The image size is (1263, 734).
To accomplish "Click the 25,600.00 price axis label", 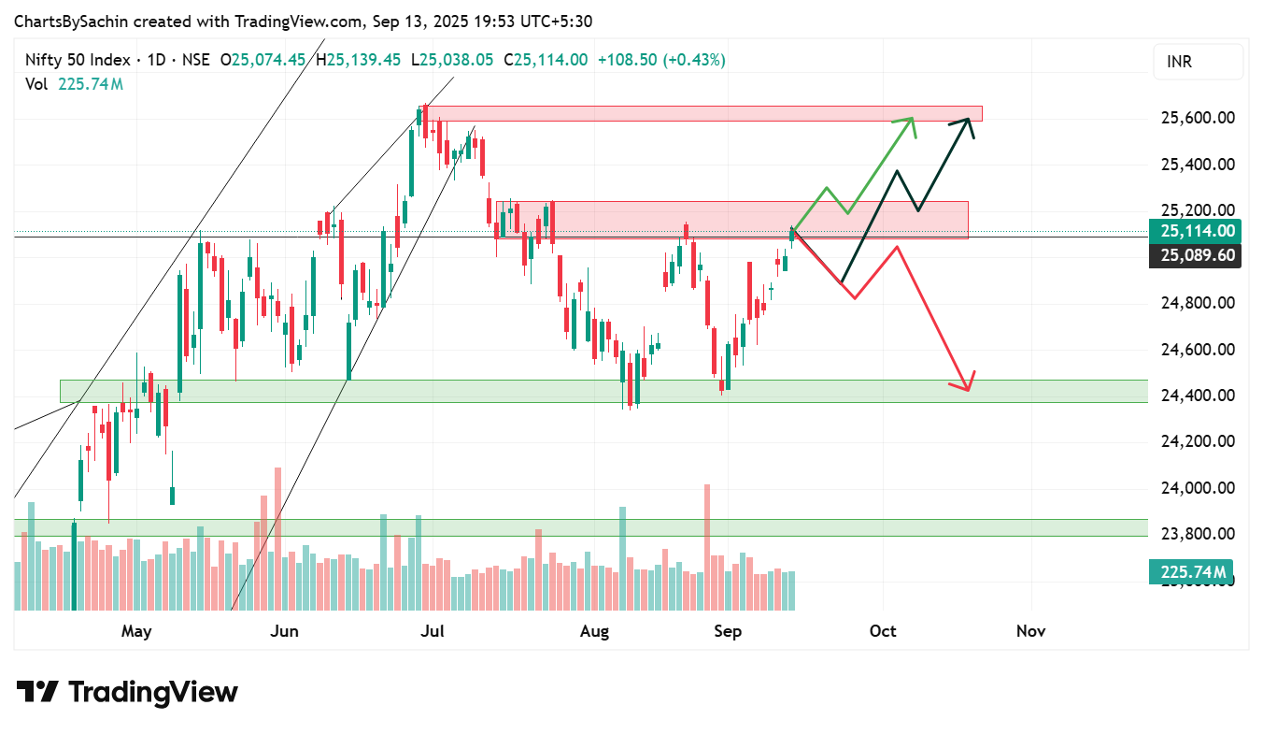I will click(x=1197, y=118).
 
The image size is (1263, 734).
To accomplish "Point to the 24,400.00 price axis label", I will click(x=1197, y=396).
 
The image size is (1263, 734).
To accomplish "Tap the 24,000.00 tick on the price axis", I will click(x=1197, y=488).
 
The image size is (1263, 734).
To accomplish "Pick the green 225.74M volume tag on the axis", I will click(x=1190, y=571).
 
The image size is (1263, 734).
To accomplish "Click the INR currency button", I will click(x=1199, y=63).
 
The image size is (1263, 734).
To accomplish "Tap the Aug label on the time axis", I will click(x=594, y=631).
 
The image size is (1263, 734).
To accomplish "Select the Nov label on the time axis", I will click(x=1030, y=631).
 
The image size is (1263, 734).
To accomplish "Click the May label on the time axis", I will click(x=136, y=631).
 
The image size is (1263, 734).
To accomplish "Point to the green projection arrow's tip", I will click(x=913, y=119).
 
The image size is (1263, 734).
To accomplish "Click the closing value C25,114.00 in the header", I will click(x=546, y=60).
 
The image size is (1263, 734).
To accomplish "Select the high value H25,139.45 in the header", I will click(x=358, y=60).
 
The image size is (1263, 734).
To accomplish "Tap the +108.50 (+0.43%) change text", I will click(x=661, y=60).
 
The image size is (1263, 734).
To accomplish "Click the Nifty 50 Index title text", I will click(x=78, y=60).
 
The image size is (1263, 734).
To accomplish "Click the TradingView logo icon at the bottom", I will click(x=37, y=692).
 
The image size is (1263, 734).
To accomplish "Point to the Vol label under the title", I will click(x=36, y=84).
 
